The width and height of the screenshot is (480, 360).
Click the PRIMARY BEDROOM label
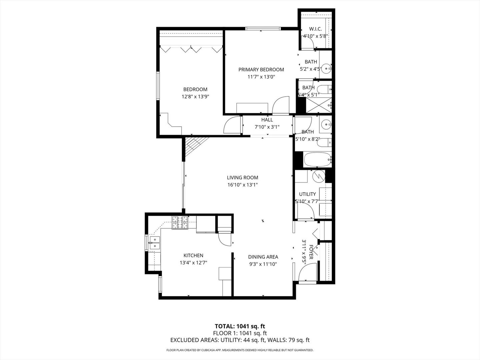coord(261,70)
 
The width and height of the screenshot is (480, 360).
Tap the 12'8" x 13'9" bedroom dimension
coord(195,97)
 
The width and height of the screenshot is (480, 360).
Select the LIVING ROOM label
coord(242,178)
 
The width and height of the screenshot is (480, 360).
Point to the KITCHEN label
coord(193,256)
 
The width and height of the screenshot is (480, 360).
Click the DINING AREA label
coord(263,257)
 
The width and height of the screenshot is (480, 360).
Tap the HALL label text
coord(267,120)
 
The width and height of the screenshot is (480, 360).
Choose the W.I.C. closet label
coord(315,29)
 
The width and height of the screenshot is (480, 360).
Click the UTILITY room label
coord(307,194)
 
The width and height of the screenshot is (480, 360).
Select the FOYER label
coord(311,252)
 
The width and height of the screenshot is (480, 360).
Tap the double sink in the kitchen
coord(154,243)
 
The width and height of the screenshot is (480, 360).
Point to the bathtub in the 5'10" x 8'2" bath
coord(318,160)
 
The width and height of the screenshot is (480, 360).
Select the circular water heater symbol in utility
coord(318,175)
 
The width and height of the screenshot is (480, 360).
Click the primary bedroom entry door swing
coord(281,105)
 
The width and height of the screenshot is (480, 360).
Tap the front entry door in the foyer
coord(307,273)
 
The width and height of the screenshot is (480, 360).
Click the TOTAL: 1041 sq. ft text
coord(240,326)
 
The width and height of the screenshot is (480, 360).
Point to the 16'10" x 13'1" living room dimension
coord(242,185)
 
